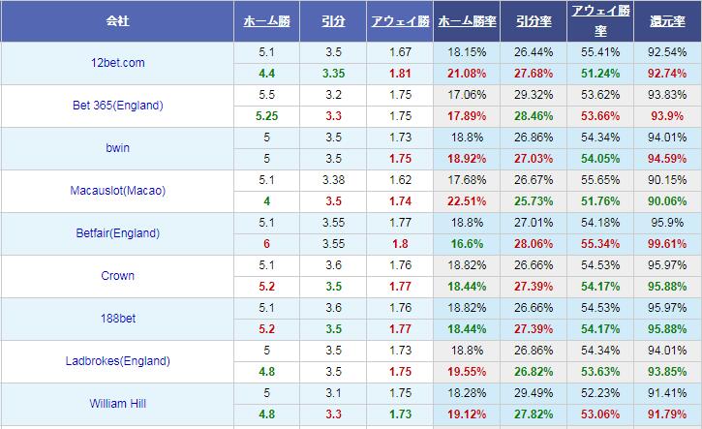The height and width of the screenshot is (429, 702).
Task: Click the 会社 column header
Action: tap(118, 20)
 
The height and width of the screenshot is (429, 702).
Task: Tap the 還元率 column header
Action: tap(668, 20)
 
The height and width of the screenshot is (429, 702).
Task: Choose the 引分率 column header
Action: tap(534, 20)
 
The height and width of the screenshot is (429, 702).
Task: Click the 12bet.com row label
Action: tap(118, 63)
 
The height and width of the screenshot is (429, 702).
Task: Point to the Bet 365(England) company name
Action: tap(118, 106)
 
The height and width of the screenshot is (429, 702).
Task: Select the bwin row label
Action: tap(118, 148)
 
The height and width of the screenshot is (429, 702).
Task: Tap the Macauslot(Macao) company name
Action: tap(118, 191)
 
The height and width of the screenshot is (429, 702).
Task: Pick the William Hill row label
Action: tap(118, 404)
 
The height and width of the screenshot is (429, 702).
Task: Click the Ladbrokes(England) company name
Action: tap(118, 361)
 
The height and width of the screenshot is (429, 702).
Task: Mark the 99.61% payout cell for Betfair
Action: tap(668, 244)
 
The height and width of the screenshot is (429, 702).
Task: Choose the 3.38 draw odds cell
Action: tap(333, 179)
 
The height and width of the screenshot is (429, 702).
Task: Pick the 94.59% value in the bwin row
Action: tap(668, 159)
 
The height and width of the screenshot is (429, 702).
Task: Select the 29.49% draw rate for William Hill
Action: tap(534, 392)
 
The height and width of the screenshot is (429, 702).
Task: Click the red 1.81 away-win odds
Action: tap(400, 74)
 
